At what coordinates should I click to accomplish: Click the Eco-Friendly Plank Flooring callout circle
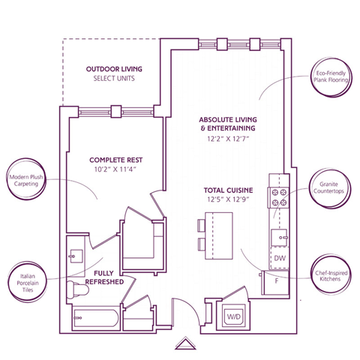click(329, 78)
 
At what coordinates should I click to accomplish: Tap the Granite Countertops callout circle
click(329, 187)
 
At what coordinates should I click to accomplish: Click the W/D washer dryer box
click(235, 317)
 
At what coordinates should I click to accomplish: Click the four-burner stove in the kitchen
click(279, 196)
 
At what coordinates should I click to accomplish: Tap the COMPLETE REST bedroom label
click(116, 160)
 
